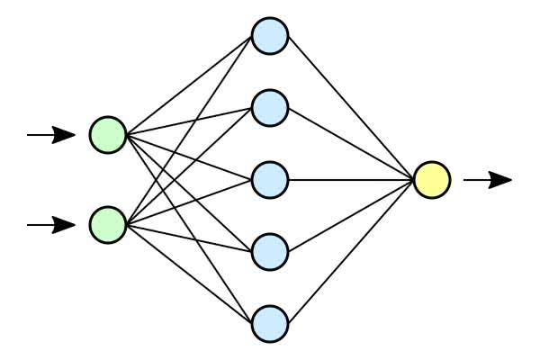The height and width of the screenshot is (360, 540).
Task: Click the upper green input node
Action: coord(108,135)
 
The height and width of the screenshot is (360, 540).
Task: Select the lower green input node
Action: coord(108,224)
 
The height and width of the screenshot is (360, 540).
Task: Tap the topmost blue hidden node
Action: coord(269,36)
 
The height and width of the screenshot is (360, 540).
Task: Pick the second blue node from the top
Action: coord(269,108)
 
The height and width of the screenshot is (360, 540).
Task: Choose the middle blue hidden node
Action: coord(269,180)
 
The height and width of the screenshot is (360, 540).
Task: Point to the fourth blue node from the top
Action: coord(269,252)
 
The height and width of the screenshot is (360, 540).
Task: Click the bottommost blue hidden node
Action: coord(269,323)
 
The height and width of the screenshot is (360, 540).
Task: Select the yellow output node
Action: coord(432,180)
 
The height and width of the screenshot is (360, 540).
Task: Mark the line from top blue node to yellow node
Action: coord(351,108)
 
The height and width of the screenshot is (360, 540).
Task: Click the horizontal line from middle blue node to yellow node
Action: coord(351,180)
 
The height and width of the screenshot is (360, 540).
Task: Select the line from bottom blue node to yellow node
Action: coord(351,252)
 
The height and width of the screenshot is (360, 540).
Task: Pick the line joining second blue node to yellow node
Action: coord(351,144)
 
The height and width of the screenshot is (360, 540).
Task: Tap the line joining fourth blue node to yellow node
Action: coord(351,216)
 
